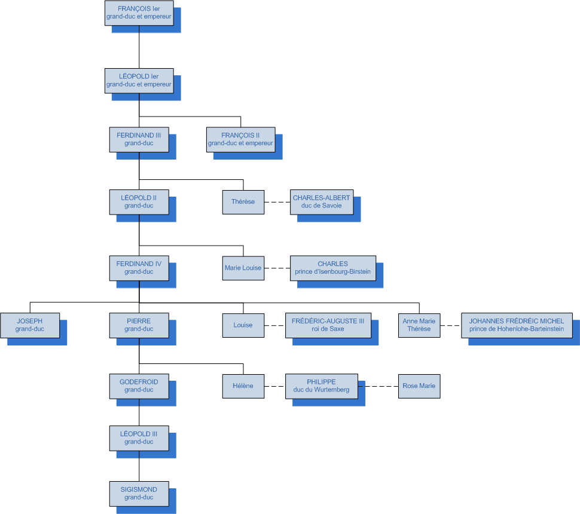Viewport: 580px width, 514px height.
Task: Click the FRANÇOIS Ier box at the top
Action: point(139,13)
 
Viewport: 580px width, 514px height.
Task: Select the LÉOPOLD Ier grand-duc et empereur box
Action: point(139,81)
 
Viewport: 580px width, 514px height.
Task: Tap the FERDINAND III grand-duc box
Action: point(139,139)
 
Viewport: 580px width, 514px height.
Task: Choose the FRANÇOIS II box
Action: point(240,139)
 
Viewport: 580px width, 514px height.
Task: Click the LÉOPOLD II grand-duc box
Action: point(139,202)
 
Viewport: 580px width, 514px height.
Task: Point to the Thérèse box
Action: point(243,202)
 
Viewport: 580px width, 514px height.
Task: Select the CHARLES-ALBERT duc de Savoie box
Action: point(322,202)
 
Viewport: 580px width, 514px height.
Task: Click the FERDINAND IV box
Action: point(139,268)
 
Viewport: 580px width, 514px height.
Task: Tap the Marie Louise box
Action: point(243,268)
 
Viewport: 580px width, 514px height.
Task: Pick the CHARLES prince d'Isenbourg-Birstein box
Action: point(333,268)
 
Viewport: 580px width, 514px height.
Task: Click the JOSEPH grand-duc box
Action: point(30,325)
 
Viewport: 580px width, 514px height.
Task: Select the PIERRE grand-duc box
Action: point(139,325)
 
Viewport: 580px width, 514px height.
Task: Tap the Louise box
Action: point(243,325)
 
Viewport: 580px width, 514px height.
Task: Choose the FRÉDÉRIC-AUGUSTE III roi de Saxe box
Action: point(328,325)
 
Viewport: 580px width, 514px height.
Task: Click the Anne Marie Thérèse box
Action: point(419,325)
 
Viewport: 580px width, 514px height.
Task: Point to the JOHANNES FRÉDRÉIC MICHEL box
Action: point(517,325)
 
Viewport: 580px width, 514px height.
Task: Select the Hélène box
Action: point(243,386)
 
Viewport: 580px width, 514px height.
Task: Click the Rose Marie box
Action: point(419,386)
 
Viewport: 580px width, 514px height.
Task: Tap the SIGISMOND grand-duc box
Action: point(139,493)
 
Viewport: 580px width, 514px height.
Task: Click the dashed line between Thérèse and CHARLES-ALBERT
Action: point(277,202)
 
